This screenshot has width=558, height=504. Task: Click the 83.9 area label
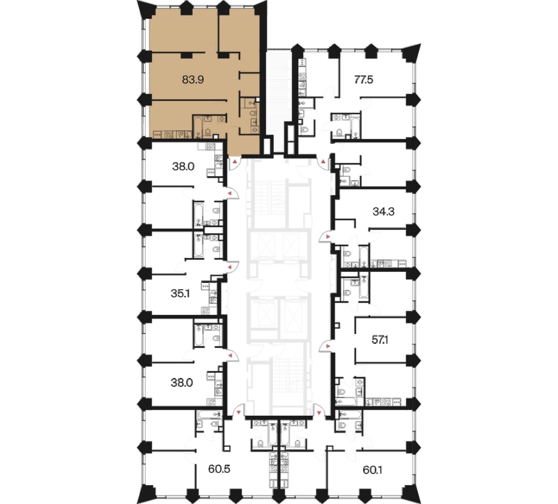coord(192,79)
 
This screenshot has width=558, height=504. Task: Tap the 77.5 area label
coord(364,79)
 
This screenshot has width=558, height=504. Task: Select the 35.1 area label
coord(180,293)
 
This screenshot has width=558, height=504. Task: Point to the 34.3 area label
coord(383,212)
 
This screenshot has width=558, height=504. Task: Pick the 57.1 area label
coord(380,340)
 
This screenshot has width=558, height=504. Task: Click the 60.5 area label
coord(219,469)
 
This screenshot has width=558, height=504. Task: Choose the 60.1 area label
coord(372,470)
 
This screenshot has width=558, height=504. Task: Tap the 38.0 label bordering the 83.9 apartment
coord(183,166)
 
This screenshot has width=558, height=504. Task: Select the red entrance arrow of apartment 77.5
coord(323,162)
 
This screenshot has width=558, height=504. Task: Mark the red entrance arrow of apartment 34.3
coord(328,237)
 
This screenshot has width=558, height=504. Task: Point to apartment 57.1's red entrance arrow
coord(328,345)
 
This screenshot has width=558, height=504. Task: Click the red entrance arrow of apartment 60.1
coord(319,413)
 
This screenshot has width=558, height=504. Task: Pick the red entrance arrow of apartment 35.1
coord(230,267)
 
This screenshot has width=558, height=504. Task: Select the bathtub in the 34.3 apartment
coord(364,256)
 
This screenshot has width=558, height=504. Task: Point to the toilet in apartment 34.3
coord(347,254)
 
